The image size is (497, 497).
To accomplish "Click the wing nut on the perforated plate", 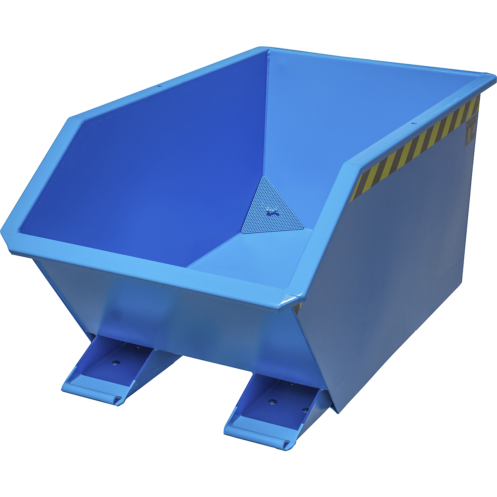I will pyautogui.click(x=272, y=213).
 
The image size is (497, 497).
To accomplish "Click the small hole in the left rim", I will pyautogui.click(x=158, y=87).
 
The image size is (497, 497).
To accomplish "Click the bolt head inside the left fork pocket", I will pyautogui.click(x=116, y=362).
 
